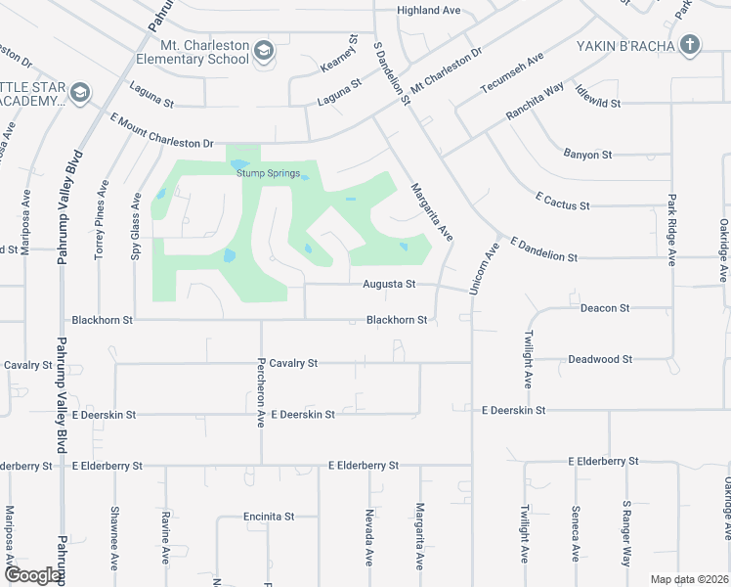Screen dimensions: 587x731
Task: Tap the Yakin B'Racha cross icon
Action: point(690,45)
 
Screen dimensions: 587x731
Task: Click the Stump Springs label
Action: point(268,173)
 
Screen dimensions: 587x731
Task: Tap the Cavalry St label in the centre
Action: point(294,363)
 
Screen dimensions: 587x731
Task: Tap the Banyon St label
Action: point(587,155)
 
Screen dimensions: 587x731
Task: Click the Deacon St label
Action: point(605,308)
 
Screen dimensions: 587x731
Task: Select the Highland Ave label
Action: point(428,11)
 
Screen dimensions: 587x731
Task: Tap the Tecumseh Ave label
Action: point(511,74)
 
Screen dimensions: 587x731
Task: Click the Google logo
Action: point(31,575)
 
